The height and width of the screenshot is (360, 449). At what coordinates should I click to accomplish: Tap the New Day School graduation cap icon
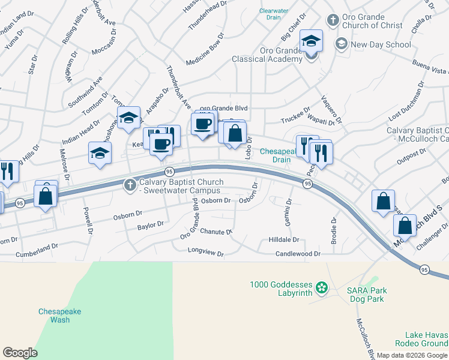(x=342, y=44)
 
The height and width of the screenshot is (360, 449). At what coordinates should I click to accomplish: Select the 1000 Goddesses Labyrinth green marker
(x=322, y=287)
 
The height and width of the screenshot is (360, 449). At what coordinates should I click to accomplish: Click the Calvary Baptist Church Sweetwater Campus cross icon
(x=130, y=185)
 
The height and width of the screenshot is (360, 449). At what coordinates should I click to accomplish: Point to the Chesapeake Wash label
(x=59, y=316)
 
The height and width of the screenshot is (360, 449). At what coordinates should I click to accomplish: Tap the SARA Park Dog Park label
(x=366, y=295)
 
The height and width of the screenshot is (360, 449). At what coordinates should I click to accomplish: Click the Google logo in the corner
(x=20, y=353)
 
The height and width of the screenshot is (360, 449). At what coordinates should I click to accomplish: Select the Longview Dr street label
(x=206, y=253)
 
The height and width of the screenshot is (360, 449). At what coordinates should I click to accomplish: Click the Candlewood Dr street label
(x=298, y=254)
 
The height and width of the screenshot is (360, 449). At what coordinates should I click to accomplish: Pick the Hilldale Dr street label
(x=275, y=239)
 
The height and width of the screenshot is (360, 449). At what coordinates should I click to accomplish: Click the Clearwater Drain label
(x=274, y=14)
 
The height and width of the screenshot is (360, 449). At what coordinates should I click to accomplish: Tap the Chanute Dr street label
(x=216, y=232)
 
